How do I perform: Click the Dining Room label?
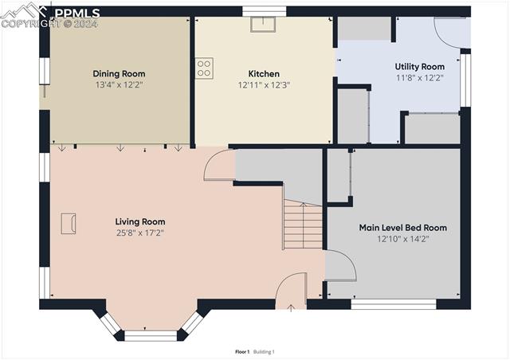click(x=119, y=73)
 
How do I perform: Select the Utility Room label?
click(x=419, y=67)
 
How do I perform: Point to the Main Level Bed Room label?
click(x=402, y=228)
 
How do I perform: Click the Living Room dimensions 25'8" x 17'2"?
click(x=139, y=233)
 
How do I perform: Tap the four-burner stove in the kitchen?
click(x=204, y=68)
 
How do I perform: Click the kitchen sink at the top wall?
click(x=262, y=23)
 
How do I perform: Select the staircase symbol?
click(x=303, y=225)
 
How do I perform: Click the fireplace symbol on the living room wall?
click(x=69, y=223)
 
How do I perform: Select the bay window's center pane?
click(x=150, y=335)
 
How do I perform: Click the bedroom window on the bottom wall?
click(x=394, y=303)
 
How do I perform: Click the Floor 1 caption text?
click(x=242, y=351)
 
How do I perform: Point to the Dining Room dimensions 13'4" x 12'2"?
click(x=119, y=84)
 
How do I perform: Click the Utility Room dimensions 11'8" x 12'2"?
click(x=419, y=78)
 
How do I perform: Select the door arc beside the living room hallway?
click(x=218, y=166)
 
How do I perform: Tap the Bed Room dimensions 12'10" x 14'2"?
click(x=402, y=239)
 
